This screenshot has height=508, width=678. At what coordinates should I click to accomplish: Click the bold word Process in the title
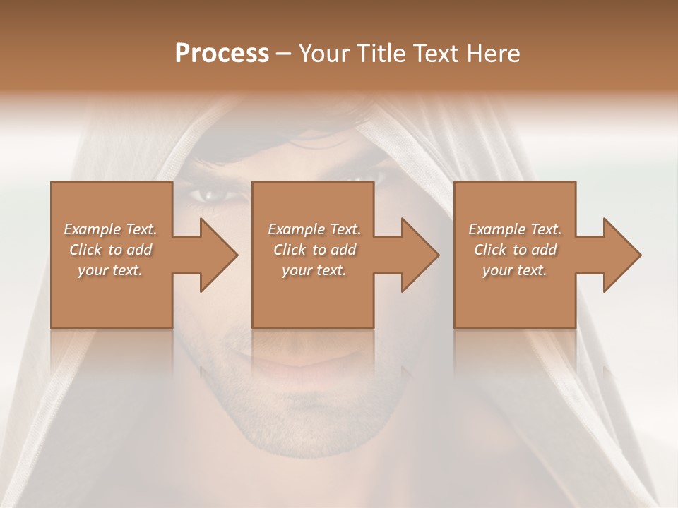point(222,54)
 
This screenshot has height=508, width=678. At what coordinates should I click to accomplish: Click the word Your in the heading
point(321,54)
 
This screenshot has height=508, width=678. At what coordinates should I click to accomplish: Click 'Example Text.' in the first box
point(110,229)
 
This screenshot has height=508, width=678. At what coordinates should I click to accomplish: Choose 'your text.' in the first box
point(110,270)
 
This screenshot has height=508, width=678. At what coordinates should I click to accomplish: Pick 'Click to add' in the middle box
point(314,250)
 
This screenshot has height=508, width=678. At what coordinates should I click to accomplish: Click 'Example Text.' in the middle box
point(314,229)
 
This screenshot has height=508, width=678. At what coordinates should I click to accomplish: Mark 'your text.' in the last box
point(515,270)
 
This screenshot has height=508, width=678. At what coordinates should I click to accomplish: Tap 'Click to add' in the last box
point(515,250)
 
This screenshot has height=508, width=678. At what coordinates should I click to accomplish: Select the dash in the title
point(284,54)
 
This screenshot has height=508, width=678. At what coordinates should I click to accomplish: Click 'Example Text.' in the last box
point(515,229)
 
